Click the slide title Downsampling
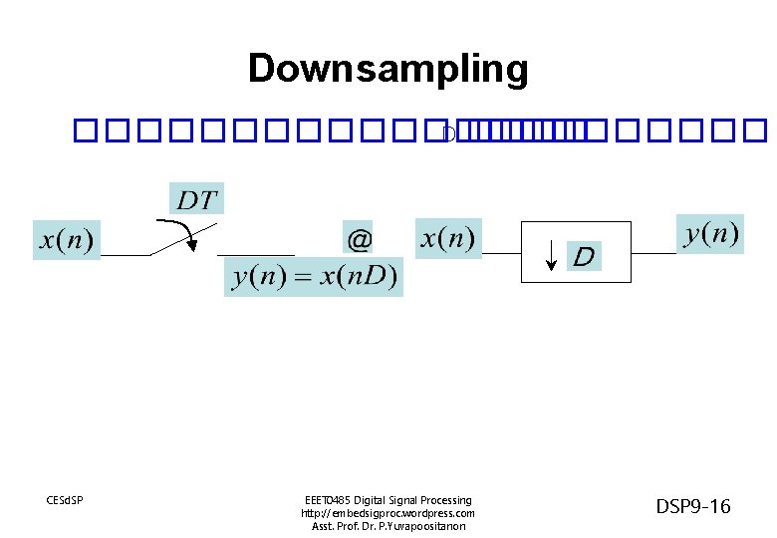click(x=388, y=69)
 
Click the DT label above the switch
click(x=196, y=199)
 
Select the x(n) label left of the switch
click(x=67, y=240)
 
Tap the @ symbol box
click(x=359, y=240)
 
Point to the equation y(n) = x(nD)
click(x=314, y=277)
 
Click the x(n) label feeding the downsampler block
click(x=448, y=238)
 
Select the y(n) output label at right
click(x=710, y=234)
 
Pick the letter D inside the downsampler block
click(x=585, y=257)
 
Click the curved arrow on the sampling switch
click(x=185, y=231)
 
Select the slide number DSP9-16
click(x=693, y=507)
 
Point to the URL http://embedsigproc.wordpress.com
click(x=388, y=513)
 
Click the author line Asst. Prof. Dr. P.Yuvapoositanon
click(x=388, y=526)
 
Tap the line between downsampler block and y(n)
click(x=653, y=253)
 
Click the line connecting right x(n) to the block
click(x=502, y=253)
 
